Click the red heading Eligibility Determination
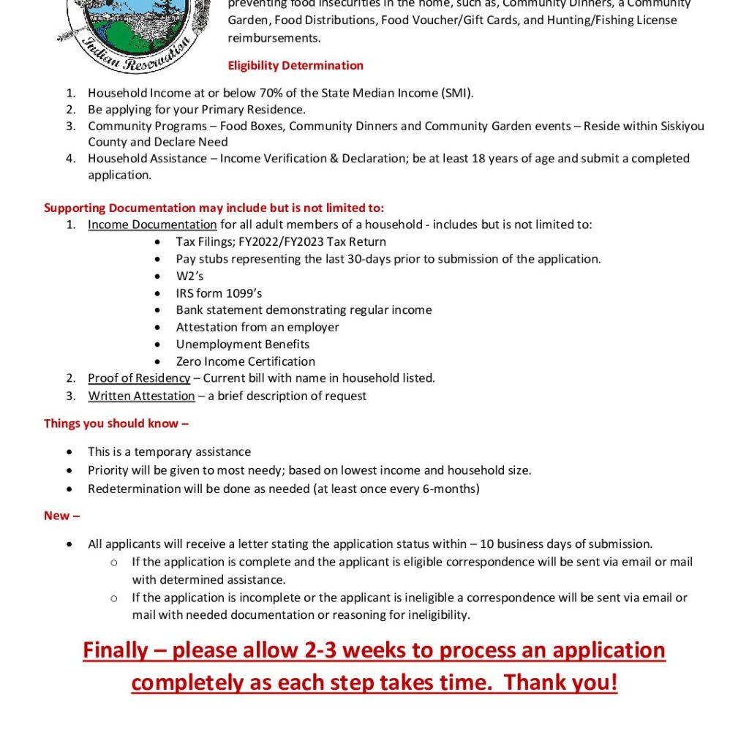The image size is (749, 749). coord(296,65)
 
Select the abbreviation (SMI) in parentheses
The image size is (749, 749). coord(456,93)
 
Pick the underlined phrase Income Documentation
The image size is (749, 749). coord(152,225)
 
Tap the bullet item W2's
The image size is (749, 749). coord(189,276)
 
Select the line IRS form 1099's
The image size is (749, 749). coord(219,293)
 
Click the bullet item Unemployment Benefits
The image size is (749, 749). coord(242,344)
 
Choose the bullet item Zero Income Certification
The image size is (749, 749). coord(245,361)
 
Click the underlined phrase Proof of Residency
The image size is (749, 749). coord(139,378)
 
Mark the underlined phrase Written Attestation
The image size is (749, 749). coord(141,396)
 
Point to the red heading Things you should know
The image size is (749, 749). coord(116,424)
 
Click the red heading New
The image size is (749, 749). coord(61,516)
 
